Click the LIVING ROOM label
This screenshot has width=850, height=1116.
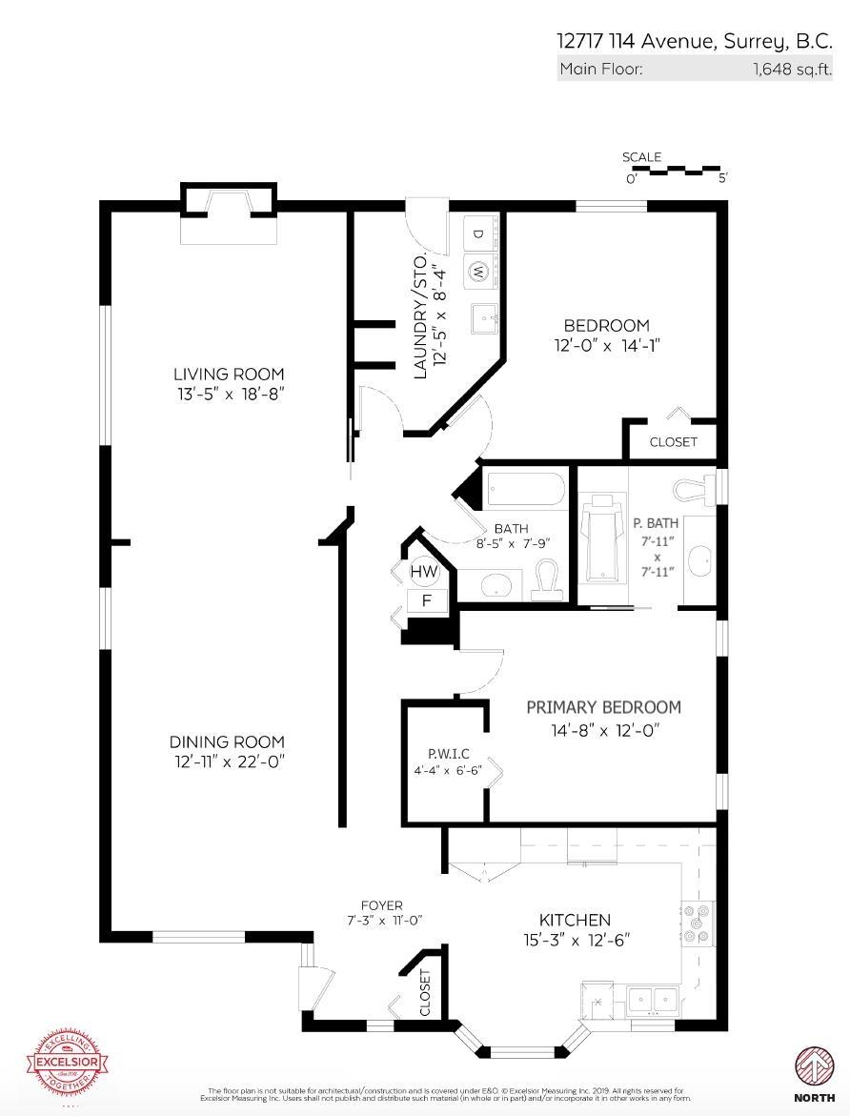tap(229, 375)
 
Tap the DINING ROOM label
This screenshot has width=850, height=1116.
tap(227, 742)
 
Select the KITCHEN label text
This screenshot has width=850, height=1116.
tap(575, 920)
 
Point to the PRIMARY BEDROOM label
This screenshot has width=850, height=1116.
tap(603, 707)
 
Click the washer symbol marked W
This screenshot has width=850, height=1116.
tap(478, 272)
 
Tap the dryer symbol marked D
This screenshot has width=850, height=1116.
tap(478, 233)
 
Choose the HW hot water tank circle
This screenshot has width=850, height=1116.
tap(424, 572)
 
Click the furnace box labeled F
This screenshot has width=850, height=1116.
tap(426, 600)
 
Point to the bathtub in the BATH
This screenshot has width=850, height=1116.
tap(527, 490)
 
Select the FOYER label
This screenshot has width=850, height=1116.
tap(381, 905)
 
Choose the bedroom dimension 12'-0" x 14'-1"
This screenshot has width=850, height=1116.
tap(606, 345)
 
